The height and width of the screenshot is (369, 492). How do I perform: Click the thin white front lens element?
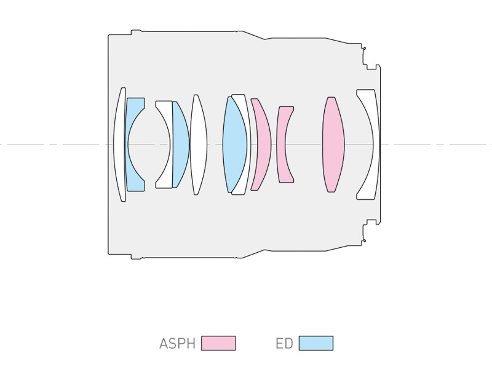click(x=119, y=145)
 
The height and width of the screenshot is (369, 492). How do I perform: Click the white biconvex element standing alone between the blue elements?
click(x=198, y=145)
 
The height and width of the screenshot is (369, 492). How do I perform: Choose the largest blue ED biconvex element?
click(x=235, y=145)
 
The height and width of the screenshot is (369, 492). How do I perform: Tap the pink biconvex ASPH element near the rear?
click(x=333, y=145)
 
